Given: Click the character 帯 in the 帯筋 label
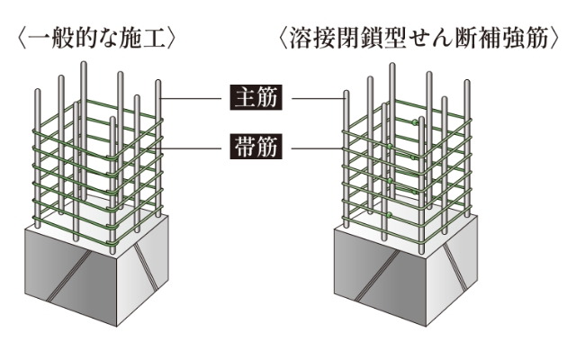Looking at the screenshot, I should tap(245, 146).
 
